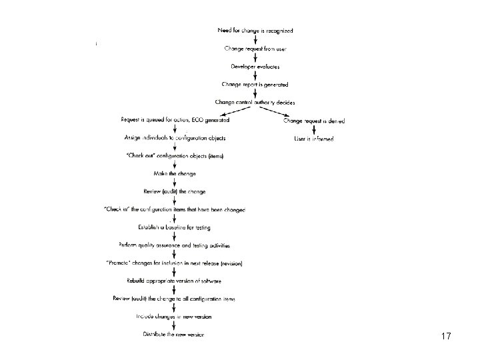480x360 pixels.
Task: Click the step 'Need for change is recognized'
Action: [255, 31]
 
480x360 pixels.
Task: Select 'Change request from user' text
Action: [255, 49]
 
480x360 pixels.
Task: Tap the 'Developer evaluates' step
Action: [255, 67]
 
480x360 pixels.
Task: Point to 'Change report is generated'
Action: [255, 85]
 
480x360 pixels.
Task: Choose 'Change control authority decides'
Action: [255, 103]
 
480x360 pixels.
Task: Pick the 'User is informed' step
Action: [314, 139]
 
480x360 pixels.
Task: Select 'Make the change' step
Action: [175, 174]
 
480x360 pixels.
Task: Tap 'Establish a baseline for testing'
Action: [175, 227]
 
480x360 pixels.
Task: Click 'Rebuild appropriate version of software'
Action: [175, 281]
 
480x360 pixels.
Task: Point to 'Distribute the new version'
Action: [174, 334]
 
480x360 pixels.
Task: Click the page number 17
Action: [446, 337]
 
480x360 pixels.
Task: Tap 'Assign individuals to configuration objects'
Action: [175, 138]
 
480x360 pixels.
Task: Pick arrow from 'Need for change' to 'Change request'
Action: [256, 40]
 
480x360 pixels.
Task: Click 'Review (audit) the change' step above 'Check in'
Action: [175, 192]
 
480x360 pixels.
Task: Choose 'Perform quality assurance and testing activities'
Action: [175, 245]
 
